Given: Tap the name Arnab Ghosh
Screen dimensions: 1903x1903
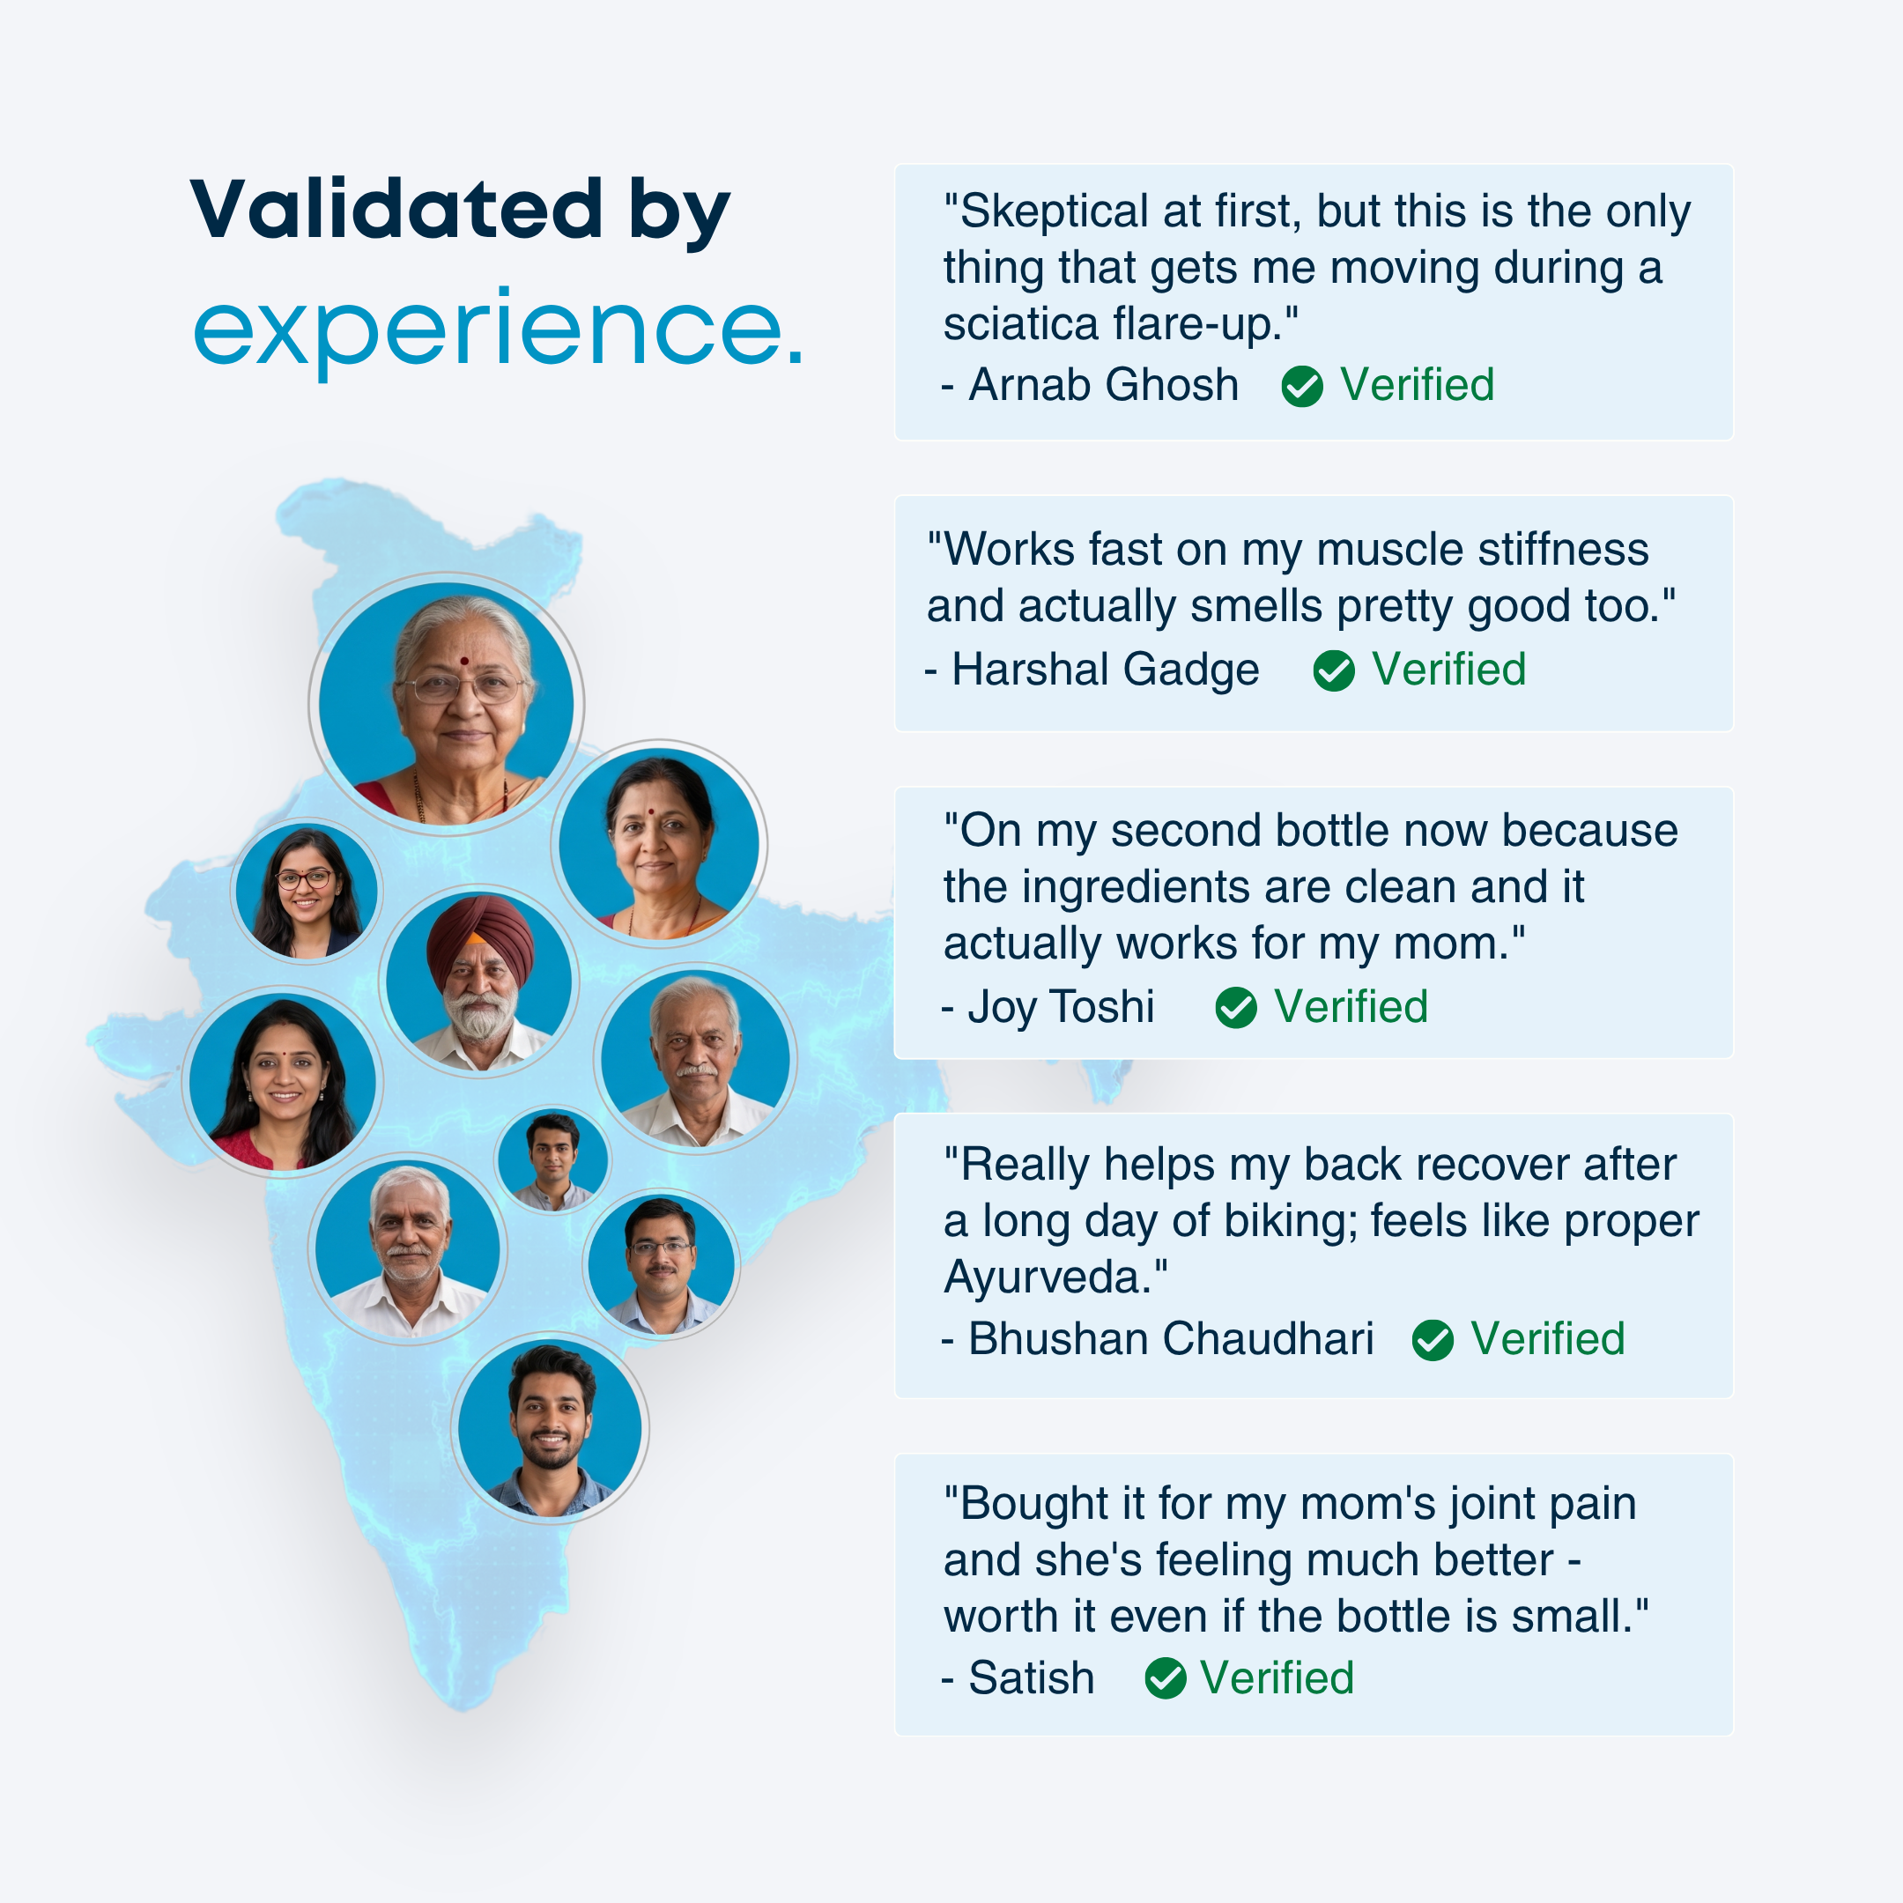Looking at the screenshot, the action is [1103, 385].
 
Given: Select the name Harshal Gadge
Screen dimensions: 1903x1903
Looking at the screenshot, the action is [1105, 670].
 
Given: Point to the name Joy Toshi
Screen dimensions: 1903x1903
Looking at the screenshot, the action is [1061, 1008].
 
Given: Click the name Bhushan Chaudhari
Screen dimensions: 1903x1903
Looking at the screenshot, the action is [1170, 1339].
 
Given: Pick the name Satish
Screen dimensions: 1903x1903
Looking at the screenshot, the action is [1032, 1678].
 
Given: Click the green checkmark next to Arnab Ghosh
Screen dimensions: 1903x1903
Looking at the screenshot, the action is [1302, 386].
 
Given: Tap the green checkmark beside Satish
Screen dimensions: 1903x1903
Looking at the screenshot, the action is [1166, 1678].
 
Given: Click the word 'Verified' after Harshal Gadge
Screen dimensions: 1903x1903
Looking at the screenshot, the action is [1449, 670].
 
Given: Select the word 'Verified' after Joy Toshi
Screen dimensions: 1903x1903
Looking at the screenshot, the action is [1351, 1008].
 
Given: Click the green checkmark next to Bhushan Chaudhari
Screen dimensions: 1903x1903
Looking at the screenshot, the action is [1433, 1341].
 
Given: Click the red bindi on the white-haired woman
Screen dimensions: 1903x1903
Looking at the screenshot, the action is [464, 662].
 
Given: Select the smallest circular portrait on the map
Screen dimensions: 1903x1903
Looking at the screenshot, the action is [552, 1159].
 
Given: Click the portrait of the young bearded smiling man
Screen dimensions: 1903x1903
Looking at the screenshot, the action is [551, 1428].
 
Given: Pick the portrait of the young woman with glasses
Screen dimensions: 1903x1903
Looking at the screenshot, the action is [307, 891].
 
